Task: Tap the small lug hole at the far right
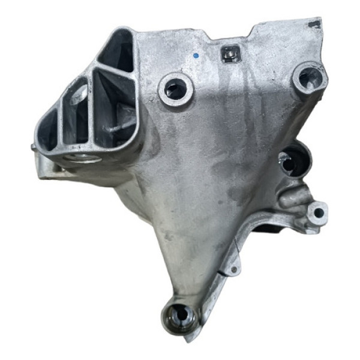pyautogui.click(x=319, y=212)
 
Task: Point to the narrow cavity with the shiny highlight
pyautogui.click(x=77, y=114)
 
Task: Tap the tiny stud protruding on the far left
pyautogui.click(x=31, y=145)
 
